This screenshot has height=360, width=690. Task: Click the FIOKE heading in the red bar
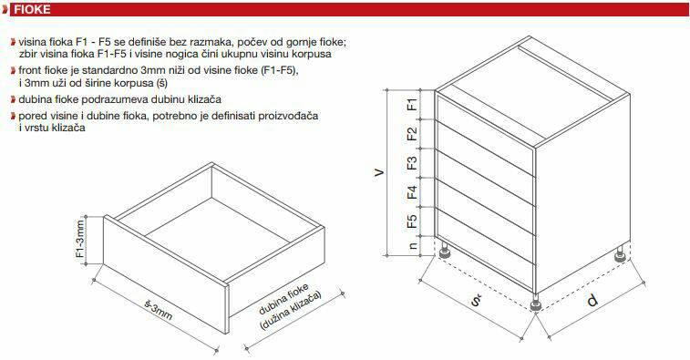32,10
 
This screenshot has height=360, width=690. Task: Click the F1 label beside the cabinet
412,105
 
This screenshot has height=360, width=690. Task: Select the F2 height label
412,134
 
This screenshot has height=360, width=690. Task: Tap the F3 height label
412,163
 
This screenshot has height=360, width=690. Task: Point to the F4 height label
412,192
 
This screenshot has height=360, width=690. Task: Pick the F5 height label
412,221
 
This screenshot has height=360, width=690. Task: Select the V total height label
379,172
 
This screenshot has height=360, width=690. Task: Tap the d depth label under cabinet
592,301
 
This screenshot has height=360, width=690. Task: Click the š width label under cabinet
476,300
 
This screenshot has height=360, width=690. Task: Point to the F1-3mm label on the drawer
80,238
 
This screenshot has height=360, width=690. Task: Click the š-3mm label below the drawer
158,310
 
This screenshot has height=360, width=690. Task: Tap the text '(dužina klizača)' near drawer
292,311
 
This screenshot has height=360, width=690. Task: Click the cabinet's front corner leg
536,303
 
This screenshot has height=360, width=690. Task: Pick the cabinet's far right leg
621,254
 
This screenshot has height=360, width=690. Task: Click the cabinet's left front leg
444,250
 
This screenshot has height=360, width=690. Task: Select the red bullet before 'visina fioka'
13,42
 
